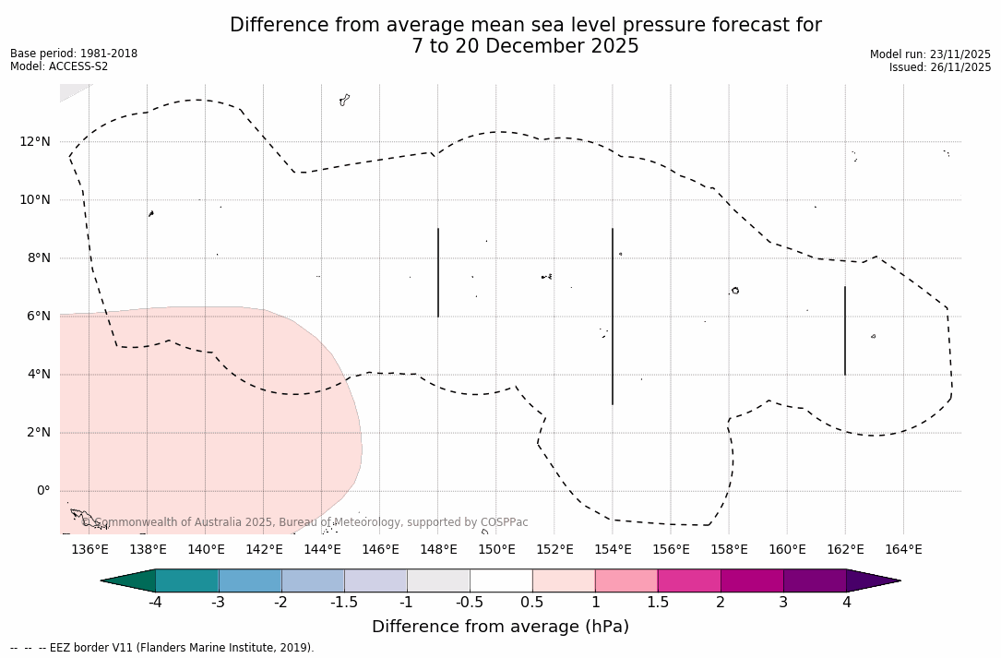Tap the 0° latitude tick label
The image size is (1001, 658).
pyautogui.click(x=42, y=491)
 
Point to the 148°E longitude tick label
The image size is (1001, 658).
pyautogui.click(x=438, y=550)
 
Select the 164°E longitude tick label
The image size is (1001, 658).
pyautogui.click(x=903, y=550)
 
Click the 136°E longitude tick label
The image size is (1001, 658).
pyautogui.click(x=89, y=550)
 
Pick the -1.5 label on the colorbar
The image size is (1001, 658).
pyautogui.click(x=344, y=603)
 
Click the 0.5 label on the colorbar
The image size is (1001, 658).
pyautogui.click(x=532, y=603)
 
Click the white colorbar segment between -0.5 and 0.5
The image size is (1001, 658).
pyautogui.click(x=501, y=580)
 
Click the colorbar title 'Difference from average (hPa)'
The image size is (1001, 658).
pyautogui.click(x=500, y=627)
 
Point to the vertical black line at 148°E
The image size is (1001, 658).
pyautogui.click(x=438, y=272)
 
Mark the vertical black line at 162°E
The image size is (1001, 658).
pyautogui.click(x=845, y=330)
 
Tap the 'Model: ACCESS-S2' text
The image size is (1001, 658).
pyautogui.click(x=59, y=66)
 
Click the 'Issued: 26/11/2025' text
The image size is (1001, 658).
pyautogui.click(x=939, y=67)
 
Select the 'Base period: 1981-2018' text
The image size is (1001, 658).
pyautogui.click(x=74, y=54)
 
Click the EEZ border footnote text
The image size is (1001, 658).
pyautogui.click(x=162, y=648)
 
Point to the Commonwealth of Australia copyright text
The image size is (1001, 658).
pyautogui.click(x=305, y=522)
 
